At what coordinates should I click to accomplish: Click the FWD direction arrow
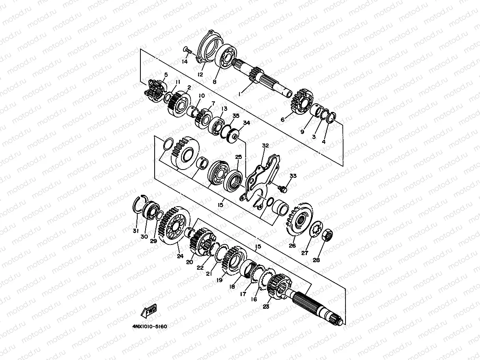pyautogui.click(x=149, y=311)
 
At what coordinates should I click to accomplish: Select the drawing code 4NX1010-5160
pyautogui.click(x=149, y=326)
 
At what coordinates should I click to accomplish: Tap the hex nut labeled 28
pyautogui.click(x=327, y=235)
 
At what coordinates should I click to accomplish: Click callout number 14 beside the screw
pyautogui.click(x=185, y=62)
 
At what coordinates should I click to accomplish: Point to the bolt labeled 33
pyautogui.click(x=282, y=189)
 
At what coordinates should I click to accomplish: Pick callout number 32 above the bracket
pyautogui.click(x=265, y=145)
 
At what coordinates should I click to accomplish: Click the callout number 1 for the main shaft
pyautogui.click(x=239, y=94)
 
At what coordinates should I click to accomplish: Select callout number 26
pyautogui.click(x=292, y=246)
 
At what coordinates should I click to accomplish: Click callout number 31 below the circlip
pyautogui.click(x=136, y=231)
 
